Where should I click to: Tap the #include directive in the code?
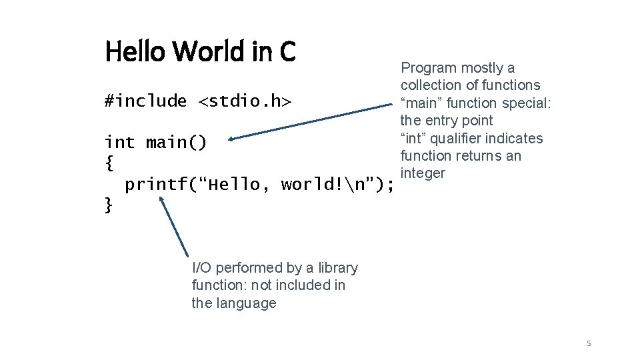tap(146, 101)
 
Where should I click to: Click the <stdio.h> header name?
tap(245, 101)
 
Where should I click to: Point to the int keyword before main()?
tap(119, 143)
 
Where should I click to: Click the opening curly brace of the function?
tap(109, 163)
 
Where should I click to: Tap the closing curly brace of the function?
tap(109, 205)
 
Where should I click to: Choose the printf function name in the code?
tap(155, 184)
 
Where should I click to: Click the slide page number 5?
tap(589, 343)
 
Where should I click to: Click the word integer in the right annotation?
tap(423, 173)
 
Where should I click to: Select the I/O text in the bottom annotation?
tap(203, 268)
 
